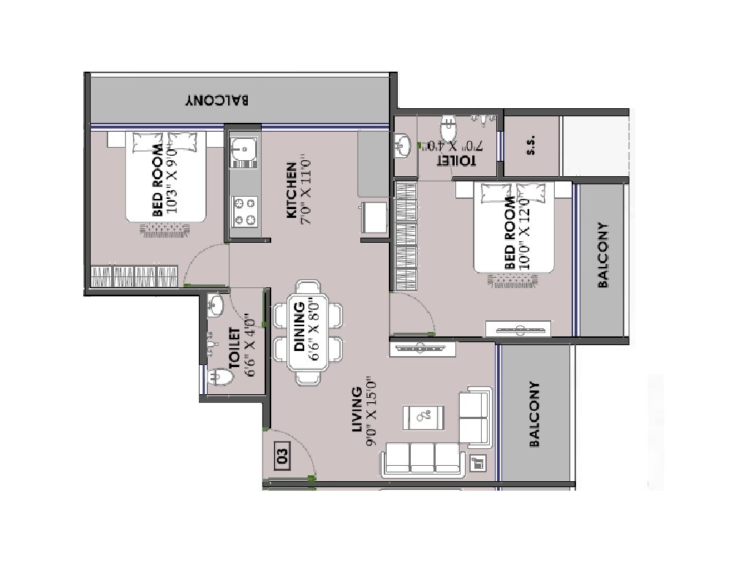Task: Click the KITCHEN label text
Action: tap(291, 190)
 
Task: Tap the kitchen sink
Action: tap(243, 151)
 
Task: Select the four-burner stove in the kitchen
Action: tap(243, 211)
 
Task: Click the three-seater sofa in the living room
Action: tap(422, 459)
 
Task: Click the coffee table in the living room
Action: tap(423, 418)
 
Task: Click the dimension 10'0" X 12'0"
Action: tap(523, 233)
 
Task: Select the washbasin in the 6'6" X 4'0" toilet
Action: tap(216, 305)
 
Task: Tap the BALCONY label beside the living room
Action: tap(534, 414)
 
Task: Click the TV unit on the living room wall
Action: tap(420, 350)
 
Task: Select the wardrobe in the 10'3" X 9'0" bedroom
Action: tap(135, 277)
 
